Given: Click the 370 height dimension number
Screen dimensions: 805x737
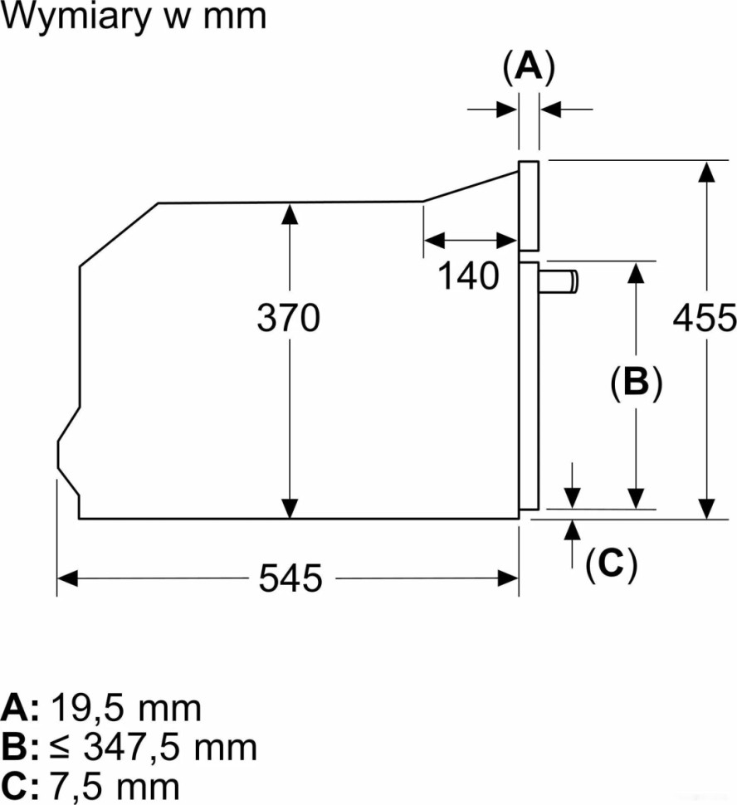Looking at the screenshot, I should pyautogui.click(x=288, y=318).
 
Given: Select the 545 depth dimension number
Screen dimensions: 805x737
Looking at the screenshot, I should pyautogui.click(x=290, y=578).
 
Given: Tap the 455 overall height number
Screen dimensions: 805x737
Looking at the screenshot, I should pyautogui.click(x=705, y=318).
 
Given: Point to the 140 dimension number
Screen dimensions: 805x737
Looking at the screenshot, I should pyautogui.click(x=468, y=276).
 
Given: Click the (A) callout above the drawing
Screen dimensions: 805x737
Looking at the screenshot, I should pyautogui.click(x=529, y=66).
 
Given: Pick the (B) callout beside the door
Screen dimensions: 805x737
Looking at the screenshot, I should pyautogui.click(x=636, y=383).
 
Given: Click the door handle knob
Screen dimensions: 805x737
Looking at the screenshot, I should pyautogui.click(x=561, y=281).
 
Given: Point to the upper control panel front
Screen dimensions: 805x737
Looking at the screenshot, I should pyautogui.click(x=529, y=206).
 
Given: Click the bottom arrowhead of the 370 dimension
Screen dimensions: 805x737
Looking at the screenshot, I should pyautogui.click(x=289, y=508).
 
